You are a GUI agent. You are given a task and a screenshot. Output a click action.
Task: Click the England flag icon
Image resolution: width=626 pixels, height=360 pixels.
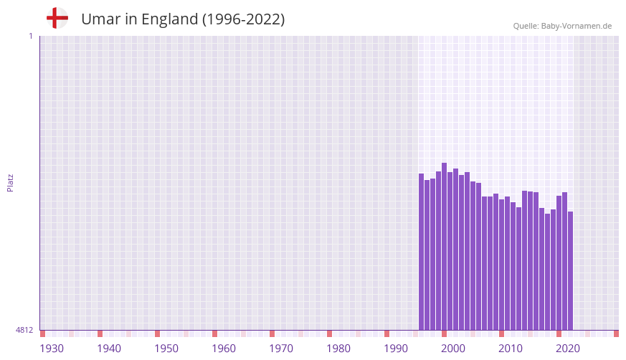57,19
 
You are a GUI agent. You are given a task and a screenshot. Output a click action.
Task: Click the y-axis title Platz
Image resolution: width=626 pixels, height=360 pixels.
10,182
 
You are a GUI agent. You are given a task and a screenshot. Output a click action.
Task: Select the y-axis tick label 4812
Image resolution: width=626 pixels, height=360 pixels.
24,330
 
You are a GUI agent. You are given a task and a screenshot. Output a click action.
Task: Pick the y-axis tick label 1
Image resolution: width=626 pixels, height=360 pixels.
30,36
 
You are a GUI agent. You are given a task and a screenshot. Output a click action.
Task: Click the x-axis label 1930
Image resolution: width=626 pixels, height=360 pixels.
52,349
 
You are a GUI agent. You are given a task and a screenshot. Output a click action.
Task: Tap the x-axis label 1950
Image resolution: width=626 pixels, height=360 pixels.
166,349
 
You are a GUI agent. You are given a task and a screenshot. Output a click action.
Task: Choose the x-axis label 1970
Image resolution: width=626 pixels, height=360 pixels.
281,349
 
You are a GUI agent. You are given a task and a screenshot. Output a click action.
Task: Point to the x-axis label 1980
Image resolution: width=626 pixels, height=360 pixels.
338,349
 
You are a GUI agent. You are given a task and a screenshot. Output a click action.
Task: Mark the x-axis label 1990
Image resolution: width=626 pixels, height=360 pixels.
396,349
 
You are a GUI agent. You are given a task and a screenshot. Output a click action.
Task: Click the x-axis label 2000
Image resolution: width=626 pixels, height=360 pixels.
453,349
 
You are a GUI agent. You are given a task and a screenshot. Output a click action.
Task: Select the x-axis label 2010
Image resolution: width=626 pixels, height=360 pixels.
511,349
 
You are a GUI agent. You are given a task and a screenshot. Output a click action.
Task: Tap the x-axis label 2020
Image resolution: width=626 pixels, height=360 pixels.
568,349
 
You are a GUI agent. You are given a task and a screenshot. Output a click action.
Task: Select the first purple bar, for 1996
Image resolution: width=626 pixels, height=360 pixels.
422,251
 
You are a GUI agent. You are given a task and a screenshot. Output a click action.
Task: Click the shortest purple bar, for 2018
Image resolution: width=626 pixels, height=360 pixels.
548,272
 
